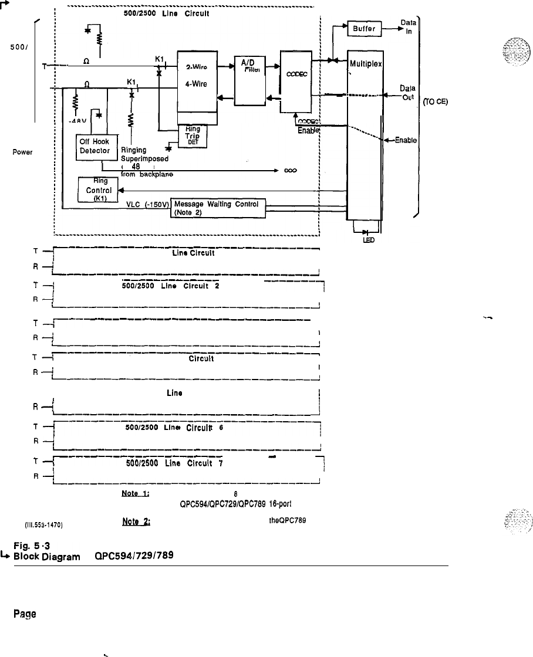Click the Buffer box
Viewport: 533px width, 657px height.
(365, 28)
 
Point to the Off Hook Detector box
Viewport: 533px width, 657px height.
(97, 147)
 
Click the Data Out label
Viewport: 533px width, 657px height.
(406, 92)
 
